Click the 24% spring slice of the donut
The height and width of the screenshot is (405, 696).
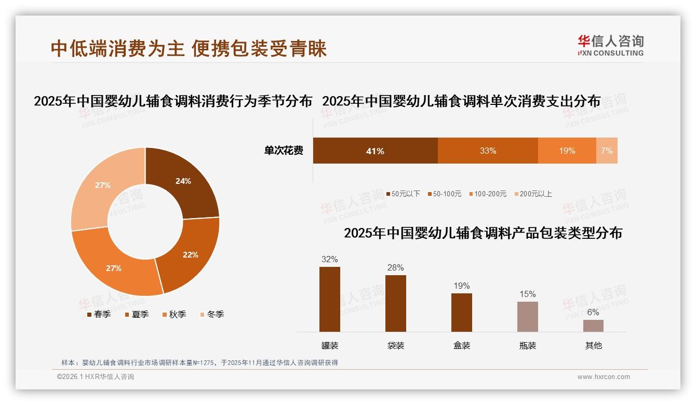click(183, 182)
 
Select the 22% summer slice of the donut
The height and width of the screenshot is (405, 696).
click(190, 254)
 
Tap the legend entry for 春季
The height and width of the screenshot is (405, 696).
click(98, 314)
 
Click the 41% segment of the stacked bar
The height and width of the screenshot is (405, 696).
click(375, 151)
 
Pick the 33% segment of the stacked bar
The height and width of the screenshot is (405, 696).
click(488, 151)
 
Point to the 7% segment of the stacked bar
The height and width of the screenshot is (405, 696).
click(607, 151)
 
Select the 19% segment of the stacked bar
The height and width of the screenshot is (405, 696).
click(567, 151)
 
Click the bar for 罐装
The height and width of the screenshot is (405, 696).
click(330, 299)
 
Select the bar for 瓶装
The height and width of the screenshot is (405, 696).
click(527, 317)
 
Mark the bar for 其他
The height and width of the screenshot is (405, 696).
click(593, 326)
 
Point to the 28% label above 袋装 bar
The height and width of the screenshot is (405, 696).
click(395, 268)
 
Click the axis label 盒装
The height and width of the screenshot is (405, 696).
click(461, 345)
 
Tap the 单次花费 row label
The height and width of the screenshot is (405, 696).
click(284, 151)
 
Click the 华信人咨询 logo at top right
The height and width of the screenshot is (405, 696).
click(610, 45)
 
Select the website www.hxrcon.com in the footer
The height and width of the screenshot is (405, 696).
click(604, 377)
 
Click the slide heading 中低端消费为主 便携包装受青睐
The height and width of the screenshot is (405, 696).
click(189, 48)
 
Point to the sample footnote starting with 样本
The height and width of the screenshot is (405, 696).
click(199, 362)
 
